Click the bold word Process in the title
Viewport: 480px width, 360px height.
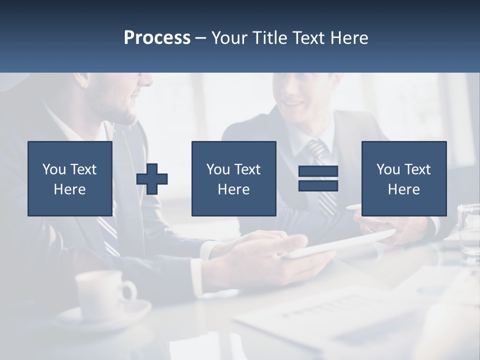pos(157,38)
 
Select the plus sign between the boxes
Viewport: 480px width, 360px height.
pos(152,179)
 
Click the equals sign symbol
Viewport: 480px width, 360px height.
pos(318,178)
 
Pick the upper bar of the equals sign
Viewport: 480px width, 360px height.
pos(318,171)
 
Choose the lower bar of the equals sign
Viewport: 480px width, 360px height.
pos(318,185)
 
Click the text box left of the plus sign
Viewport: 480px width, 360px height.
pos(70,178)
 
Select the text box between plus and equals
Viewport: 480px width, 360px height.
pos(233,178)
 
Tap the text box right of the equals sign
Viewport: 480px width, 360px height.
pos(403,178)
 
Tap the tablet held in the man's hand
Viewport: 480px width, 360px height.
pos(340,245)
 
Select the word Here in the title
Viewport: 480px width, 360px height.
pos(349,38)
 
